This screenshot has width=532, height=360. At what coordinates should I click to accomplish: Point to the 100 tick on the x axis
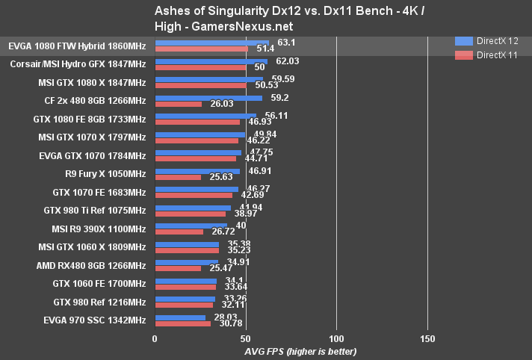(x=336, y=338)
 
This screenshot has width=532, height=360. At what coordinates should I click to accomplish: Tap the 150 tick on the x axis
(x=427, y=338)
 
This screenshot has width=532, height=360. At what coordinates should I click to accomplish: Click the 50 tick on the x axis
(x=245, y=338)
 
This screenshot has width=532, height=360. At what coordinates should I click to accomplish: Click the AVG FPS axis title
(x=300, y=351)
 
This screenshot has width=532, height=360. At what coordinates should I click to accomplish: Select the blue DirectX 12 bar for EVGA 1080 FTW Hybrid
(x=211, y=43)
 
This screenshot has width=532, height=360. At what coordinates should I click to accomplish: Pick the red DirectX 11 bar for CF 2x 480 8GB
(x=178, y=104)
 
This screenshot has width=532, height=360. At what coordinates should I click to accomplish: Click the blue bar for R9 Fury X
(x=197, y=171)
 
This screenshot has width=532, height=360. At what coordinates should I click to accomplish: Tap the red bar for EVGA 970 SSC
(x=182, y=323)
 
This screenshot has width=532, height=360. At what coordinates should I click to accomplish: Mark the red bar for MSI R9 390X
(x=179, y=232)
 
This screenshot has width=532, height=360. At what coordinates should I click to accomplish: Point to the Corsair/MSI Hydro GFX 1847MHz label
(x=78, y=64)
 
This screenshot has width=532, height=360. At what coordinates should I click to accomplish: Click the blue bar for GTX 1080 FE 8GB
(x=205, y=116)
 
